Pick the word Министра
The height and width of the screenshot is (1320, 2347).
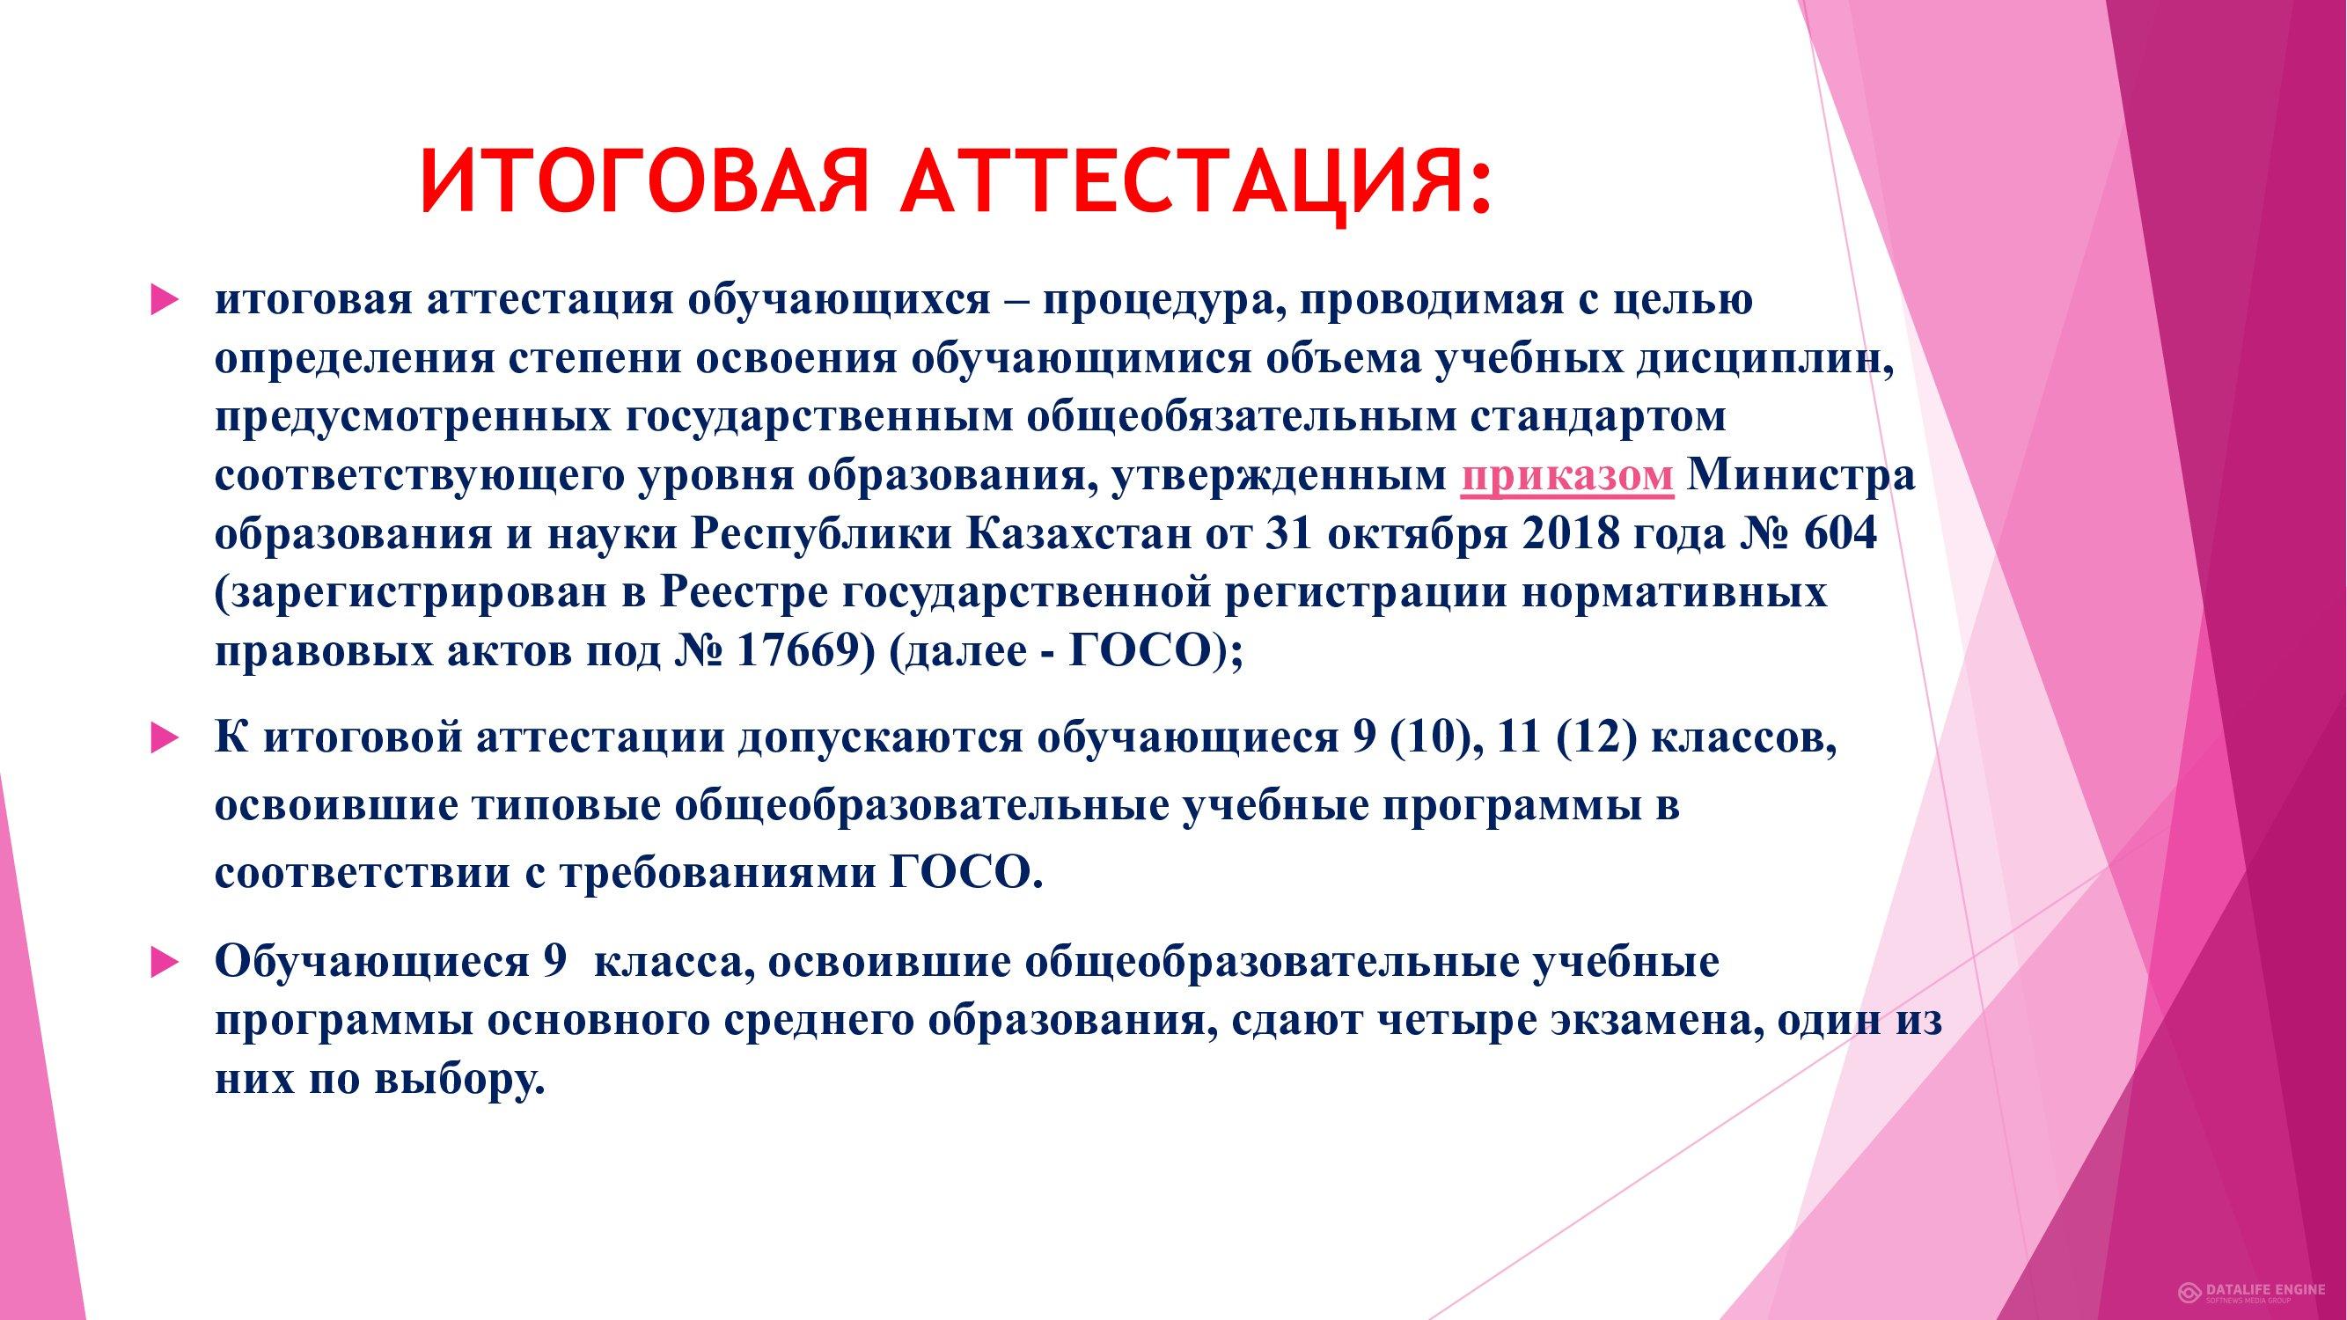[x=1801, y=477]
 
